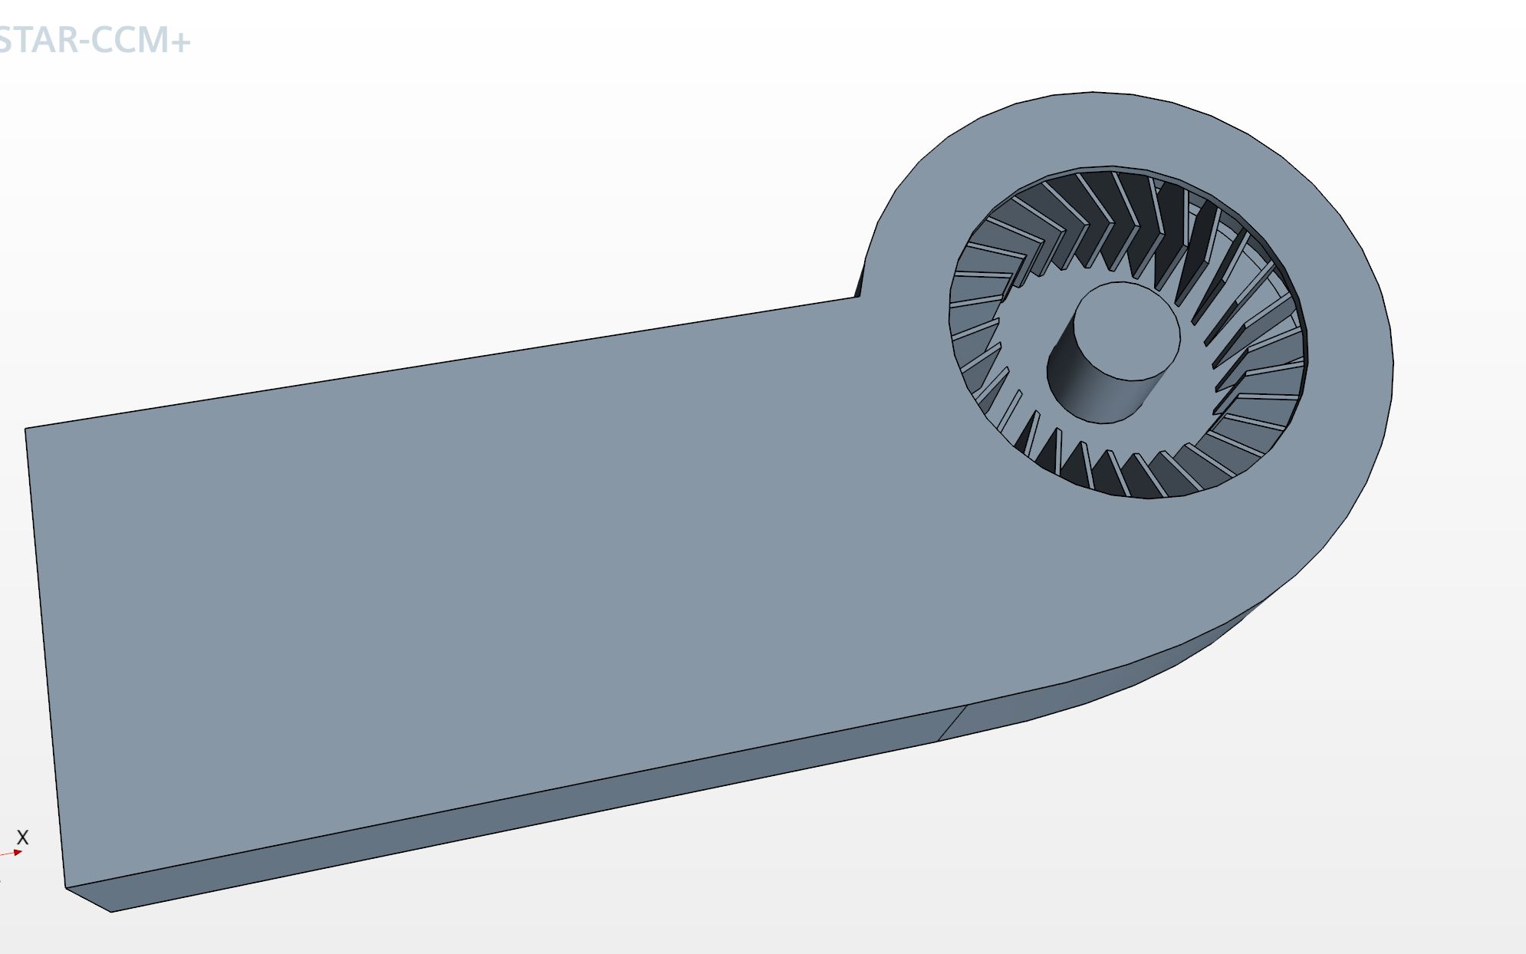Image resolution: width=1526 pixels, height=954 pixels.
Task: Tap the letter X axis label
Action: tap(22, 837)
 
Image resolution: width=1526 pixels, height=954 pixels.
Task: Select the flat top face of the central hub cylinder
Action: tap(1126, 331)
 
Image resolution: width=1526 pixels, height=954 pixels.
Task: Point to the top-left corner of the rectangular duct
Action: tap(25, 429)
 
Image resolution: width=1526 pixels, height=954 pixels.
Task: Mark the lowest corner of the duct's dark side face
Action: tap(111, 912)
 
